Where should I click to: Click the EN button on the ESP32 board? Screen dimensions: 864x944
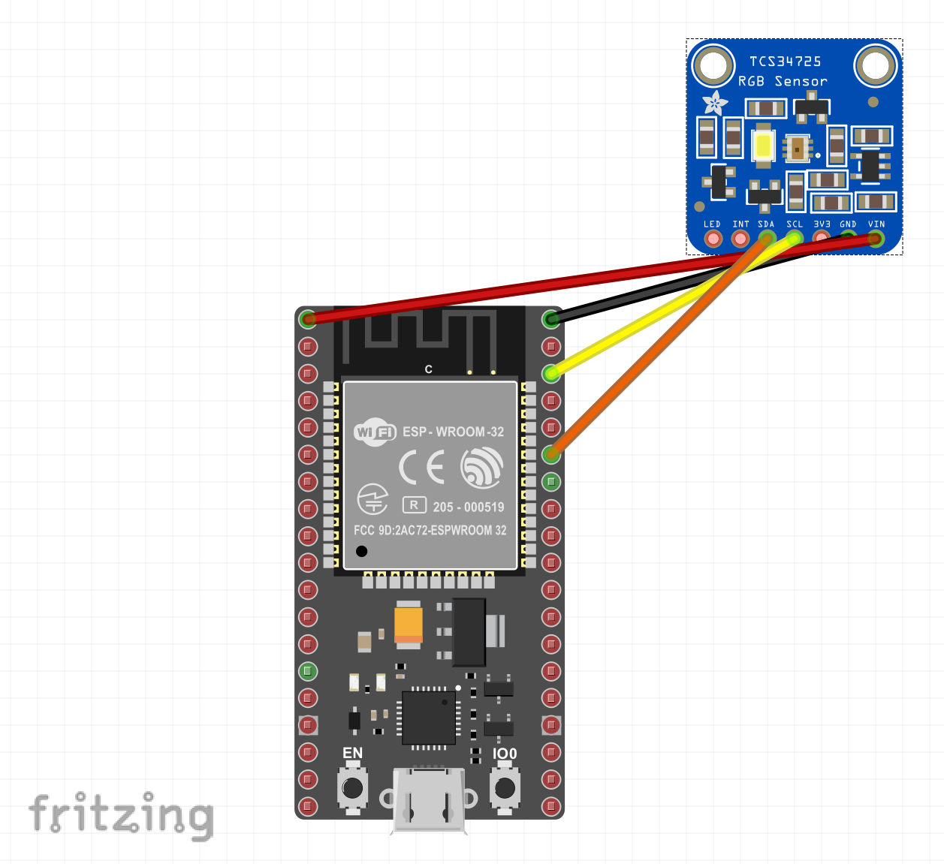click(352, 787)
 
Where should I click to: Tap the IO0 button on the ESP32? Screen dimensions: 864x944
click(505, 787)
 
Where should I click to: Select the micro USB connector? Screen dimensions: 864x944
click(429, 800)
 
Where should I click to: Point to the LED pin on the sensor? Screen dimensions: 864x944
click(713, 239)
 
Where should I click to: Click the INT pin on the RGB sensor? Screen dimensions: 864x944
click(740, 239)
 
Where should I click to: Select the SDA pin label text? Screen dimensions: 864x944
click(766, 224)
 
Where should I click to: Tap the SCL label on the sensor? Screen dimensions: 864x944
click(795, 224)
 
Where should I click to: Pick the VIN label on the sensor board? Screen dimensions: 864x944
click(876, 224)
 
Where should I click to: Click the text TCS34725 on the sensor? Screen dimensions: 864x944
click(785, 62)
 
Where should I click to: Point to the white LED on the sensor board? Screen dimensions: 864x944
click(764, 146)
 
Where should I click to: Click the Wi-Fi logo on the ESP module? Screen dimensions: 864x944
click(375, 432)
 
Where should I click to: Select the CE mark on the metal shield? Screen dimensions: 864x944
click(421, 467)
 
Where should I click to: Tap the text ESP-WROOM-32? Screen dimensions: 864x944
click(453, 432)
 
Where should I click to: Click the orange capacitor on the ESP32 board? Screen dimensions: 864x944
click(409, 624)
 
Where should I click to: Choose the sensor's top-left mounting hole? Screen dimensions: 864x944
click(713, 65)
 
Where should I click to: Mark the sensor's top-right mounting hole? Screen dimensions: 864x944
click(875, 65)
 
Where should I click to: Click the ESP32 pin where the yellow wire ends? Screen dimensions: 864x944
click(551, 372)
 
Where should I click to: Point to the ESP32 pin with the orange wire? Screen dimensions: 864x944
click(551, 453)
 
